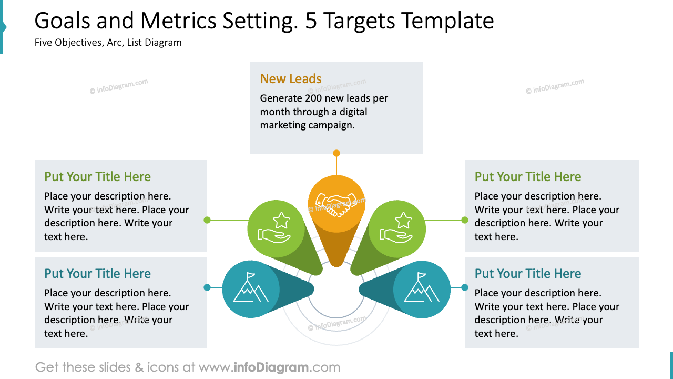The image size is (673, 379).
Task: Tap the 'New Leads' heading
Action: (x=291, y=79)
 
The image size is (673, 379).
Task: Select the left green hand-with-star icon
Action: (x=276, y=228)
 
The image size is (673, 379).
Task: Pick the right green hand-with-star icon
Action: (x=397, y=228)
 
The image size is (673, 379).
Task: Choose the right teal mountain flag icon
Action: (x=422, y=289)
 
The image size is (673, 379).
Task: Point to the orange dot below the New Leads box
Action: (x=336, y=153)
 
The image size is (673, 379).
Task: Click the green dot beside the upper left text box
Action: (x=207, y=220)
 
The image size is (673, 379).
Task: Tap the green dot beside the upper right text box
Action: (x=465, y=220)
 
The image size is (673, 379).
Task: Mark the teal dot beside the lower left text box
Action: (x=207, y=287)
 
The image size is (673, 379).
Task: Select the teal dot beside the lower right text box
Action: (x=465, y=287)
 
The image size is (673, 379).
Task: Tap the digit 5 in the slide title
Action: (x=311, y=21)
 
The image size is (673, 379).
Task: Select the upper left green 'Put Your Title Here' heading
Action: (x=97, y=177)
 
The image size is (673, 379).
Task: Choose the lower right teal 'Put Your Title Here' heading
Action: (x=528, y=274)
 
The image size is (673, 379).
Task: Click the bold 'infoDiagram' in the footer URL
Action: (x=271, y=367)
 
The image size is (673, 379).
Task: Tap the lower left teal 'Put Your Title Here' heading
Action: (x=97, y=274)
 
